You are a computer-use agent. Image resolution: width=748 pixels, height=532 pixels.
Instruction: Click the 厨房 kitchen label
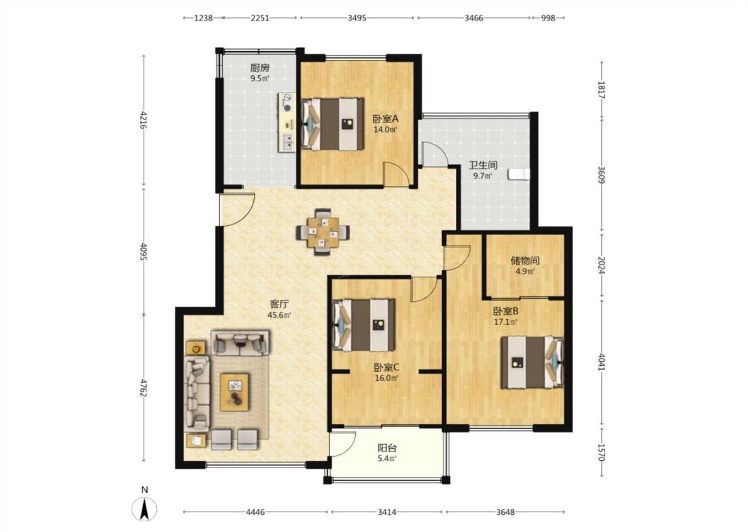(260, 68)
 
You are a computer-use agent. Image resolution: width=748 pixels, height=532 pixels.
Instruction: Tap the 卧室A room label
(386, 118)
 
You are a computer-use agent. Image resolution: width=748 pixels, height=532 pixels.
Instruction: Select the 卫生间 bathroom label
(483, 165)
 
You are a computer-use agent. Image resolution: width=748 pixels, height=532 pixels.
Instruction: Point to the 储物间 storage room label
(525, 261)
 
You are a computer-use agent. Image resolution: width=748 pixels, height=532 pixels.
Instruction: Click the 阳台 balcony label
(387, 448)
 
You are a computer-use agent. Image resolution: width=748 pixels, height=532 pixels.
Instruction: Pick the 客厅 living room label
(279, 304)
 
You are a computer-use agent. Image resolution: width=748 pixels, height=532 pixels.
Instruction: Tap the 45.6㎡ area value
(279, 315)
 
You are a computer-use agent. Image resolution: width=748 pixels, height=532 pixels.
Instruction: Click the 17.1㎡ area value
(506, 322)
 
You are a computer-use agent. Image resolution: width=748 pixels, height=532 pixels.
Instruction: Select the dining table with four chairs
(323, 232)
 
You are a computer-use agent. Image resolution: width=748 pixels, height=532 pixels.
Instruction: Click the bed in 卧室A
(332, 124)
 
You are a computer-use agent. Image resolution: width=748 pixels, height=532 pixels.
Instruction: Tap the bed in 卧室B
(532, 362)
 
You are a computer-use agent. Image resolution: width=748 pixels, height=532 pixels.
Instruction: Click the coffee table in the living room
(234, 392)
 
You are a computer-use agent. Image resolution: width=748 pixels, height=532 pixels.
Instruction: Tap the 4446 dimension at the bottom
(255, 512)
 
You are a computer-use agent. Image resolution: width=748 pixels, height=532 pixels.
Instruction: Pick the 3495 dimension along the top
(357, 18)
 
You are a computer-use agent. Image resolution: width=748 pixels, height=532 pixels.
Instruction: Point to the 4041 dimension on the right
(602, 361)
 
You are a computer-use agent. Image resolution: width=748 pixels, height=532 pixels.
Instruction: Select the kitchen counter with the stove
(287, 122)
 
